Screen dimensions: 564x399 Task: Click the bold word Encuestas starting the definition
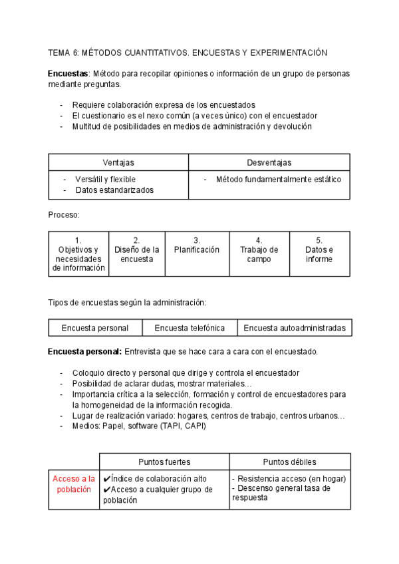point(68,73)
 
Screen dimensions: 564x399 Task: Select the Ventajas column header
point(118,162)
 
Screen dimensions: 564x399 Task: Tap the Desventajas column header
point(269,162)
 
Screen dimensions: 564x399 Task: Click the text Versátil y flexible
point(105,180)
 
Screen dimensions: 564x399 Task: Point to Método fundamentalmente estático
point(278,180)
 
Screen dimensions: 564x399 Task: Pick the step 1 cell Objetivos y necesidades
point(78,254)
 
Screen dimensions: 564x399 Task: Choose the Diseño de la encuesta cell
point(136,254)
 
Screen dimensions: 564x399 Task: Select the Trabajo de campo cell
point(259,254)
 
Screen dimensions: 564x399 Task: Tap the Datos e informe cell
point(319,254)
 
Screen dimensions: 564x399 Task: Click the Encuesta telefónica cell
point(190,328)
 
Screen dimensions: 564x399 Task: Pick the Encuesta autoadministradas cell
point(295,328)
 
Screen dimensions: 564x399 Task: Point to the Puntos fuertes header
point(164,462)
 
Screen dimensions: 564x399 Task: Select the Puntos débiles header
point(289,462)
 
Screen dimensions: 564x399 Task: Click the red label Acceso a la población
point(74,484)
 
